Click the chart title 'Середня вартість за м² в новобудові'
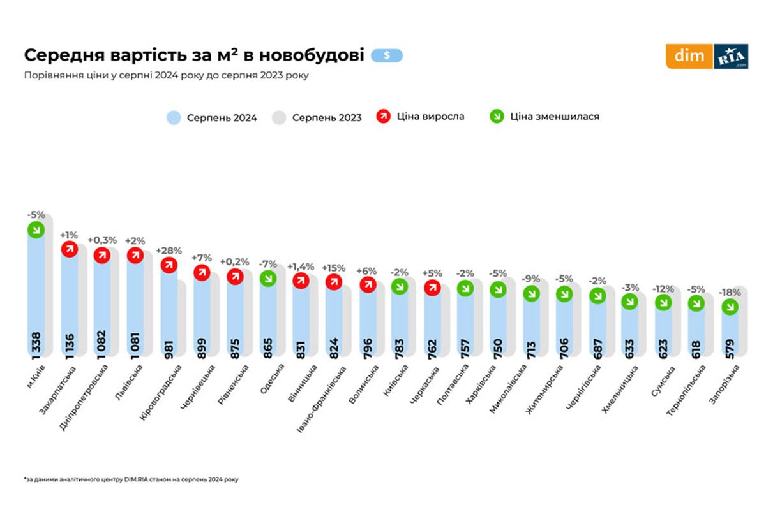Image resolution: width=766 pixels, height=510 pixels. (194, 55)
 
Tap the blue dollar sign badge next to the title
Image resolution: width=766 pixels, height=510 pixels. (387, 55)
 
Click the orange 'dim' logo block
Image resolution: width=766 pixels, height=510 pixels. (689, 56)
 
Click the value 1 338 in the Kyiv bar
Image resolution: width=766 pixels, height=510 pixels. (36, 344)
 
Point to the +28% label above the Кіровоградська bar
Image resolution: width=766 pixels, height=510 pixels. (169, 251)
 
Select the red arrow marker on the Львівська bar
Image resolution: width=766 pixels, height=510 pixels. (135, 255)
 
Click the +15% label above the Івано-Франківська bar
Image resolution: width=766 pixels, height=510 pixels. (333, 267)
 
